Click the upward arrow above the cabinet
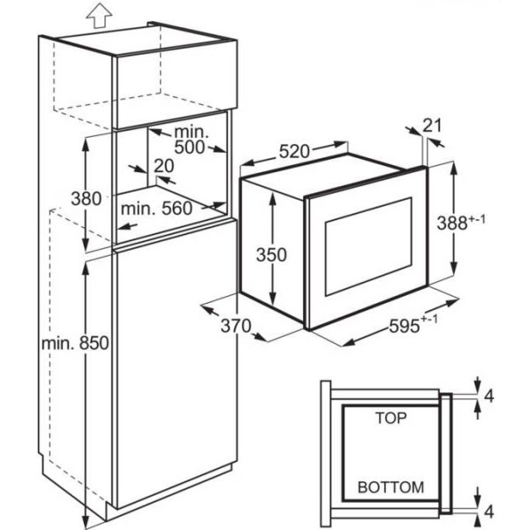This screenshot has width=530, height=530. click(99, 16)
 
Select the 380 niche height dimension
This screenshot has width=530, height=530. click(86, 199)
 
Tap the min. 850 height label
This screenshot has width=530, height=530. click(75, 343)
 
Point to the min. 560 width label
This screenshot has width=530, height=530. click(156, 208)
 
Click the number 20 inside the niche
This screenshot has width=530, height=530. click(164, 166)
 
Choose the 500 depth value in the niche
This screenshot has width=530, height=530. click(189, 147)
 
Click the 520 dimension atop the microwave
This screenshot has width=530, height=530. click(294, 151)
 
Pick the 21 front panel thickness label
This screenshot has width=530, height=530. click(432, 125)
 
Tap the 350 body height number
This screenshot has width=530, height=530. click(271, 254)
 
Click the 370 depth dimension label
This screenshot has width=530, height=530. click(236, 326)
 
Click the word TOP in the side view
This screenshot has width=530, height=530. click(390, 418)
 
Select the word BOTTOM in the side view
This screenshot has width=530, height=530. click(390, 487)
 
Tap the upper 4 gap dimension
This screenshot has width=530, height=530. click(488, 396)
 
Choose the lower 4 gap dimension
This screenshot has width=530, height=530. click(488, 511)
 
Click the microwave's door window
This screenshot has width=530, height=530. click(368, 246)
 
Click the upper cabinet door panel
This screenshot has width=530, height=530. click(174, 87)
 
